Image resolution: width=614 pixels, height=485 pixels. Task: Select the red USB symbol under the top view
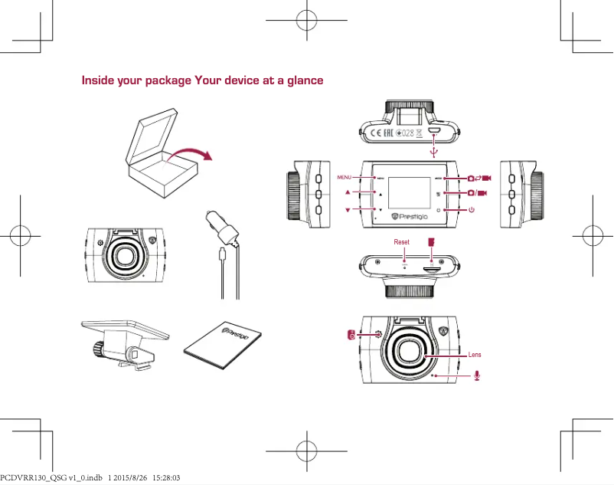point(433,152)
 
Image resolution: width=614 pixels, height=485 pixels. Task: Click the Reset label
point(401,242)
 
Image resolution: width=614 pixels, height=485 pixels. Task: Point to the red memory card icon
point(432,241)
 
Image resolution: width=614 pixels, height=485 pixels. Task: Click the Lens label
point(475,355)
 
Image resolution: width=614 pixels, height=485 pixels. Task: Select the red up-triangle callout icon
point(348,192)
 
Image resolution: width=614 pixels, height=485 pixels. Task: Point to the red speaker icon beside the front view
point(351,335)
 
